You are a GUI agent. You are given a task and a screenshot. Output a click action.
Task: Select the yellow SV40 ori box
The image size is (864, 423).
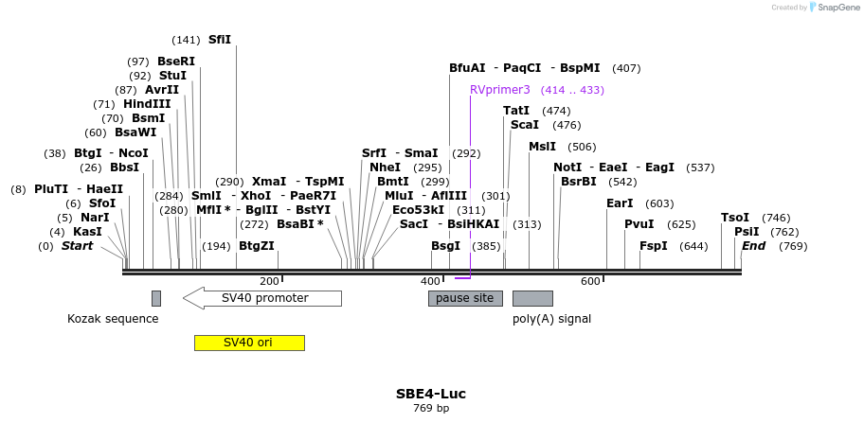point(249,343)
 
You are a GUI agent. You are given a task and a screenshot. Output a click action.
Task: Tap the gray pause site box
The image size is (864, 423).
point(465,298)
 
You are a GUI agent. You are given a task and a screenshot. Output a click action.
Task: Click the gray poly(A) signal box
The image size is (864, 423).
point(532,298)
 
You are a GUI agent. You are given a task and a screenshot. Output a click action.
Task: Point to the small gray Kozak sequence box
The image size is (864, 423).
point(156,298)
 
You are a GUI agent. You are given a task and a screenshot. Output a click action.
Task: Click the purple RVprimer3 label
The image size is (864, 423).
point(500,90)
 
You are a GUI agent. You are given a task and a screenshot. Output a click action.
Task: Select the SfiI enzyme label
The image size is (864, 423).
point(219,40)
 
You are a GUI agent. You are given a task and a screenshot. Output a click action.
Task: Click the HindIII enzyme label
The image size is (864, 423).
point(147,104)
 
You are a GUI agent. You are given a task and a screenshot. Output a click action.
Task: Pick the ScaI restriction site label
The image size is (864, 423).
point(525,125)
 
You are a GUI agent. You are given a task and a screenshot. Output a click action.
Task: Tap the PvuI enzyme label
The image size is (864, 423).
point(639,224)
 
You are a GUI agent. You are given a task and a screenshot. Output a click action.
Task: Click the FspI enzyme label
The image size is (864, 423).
point(654,246)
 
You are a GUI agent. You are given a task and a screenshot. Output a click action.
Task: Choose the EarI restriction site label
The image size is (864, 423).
point(620,203)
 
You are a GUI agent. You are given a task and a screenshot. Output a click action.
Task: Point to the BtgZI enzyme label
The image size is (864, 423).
point(257,246)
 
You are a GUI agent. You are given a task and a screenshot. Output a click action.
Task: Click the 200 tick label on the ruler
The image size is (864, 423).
point(269,281)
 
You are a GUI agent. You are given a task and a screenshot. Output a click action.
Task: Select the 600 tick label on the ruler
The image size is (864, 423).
point(590,281)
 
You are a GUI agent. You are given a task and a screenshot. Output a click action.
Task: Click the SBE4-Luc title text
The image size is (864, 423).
point(431,394)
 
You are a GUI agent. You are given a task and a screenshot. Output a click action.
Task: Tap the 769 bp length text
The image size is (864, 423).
point(431,409)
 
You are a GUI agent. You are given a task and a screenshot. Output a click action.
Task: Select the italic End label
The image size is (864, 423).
point(754,246)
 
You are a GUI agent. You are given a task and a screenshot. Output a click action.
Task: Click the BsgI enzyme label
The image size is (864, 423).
point(446,246)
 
